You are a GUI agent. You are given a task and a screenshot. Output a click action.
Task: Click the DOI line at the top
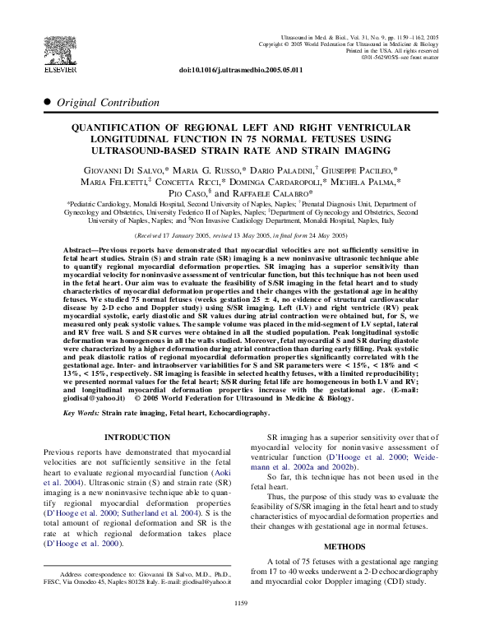(x=240, y=71)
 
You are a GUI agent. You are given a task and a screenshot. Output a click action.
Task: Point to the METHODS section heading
(x=343, y=546)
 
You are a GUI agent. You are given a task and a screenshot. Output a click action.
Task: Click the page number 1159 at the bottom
(x=240, y=626)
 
